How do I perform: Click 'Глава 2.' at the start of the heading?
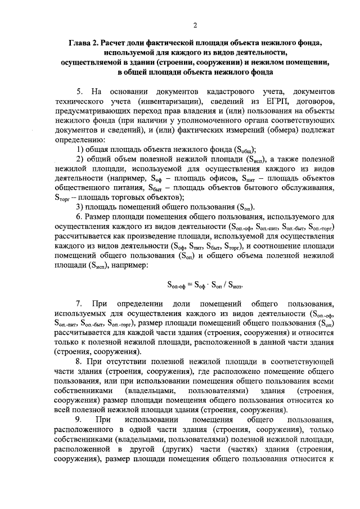click(x=85, y=43)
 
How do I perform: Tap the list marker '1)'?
click(x=80, y=149)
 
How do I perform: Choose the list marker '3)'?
click(x=80, y=206)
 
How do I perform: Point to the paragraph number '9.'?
click(x=79, y=421)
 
